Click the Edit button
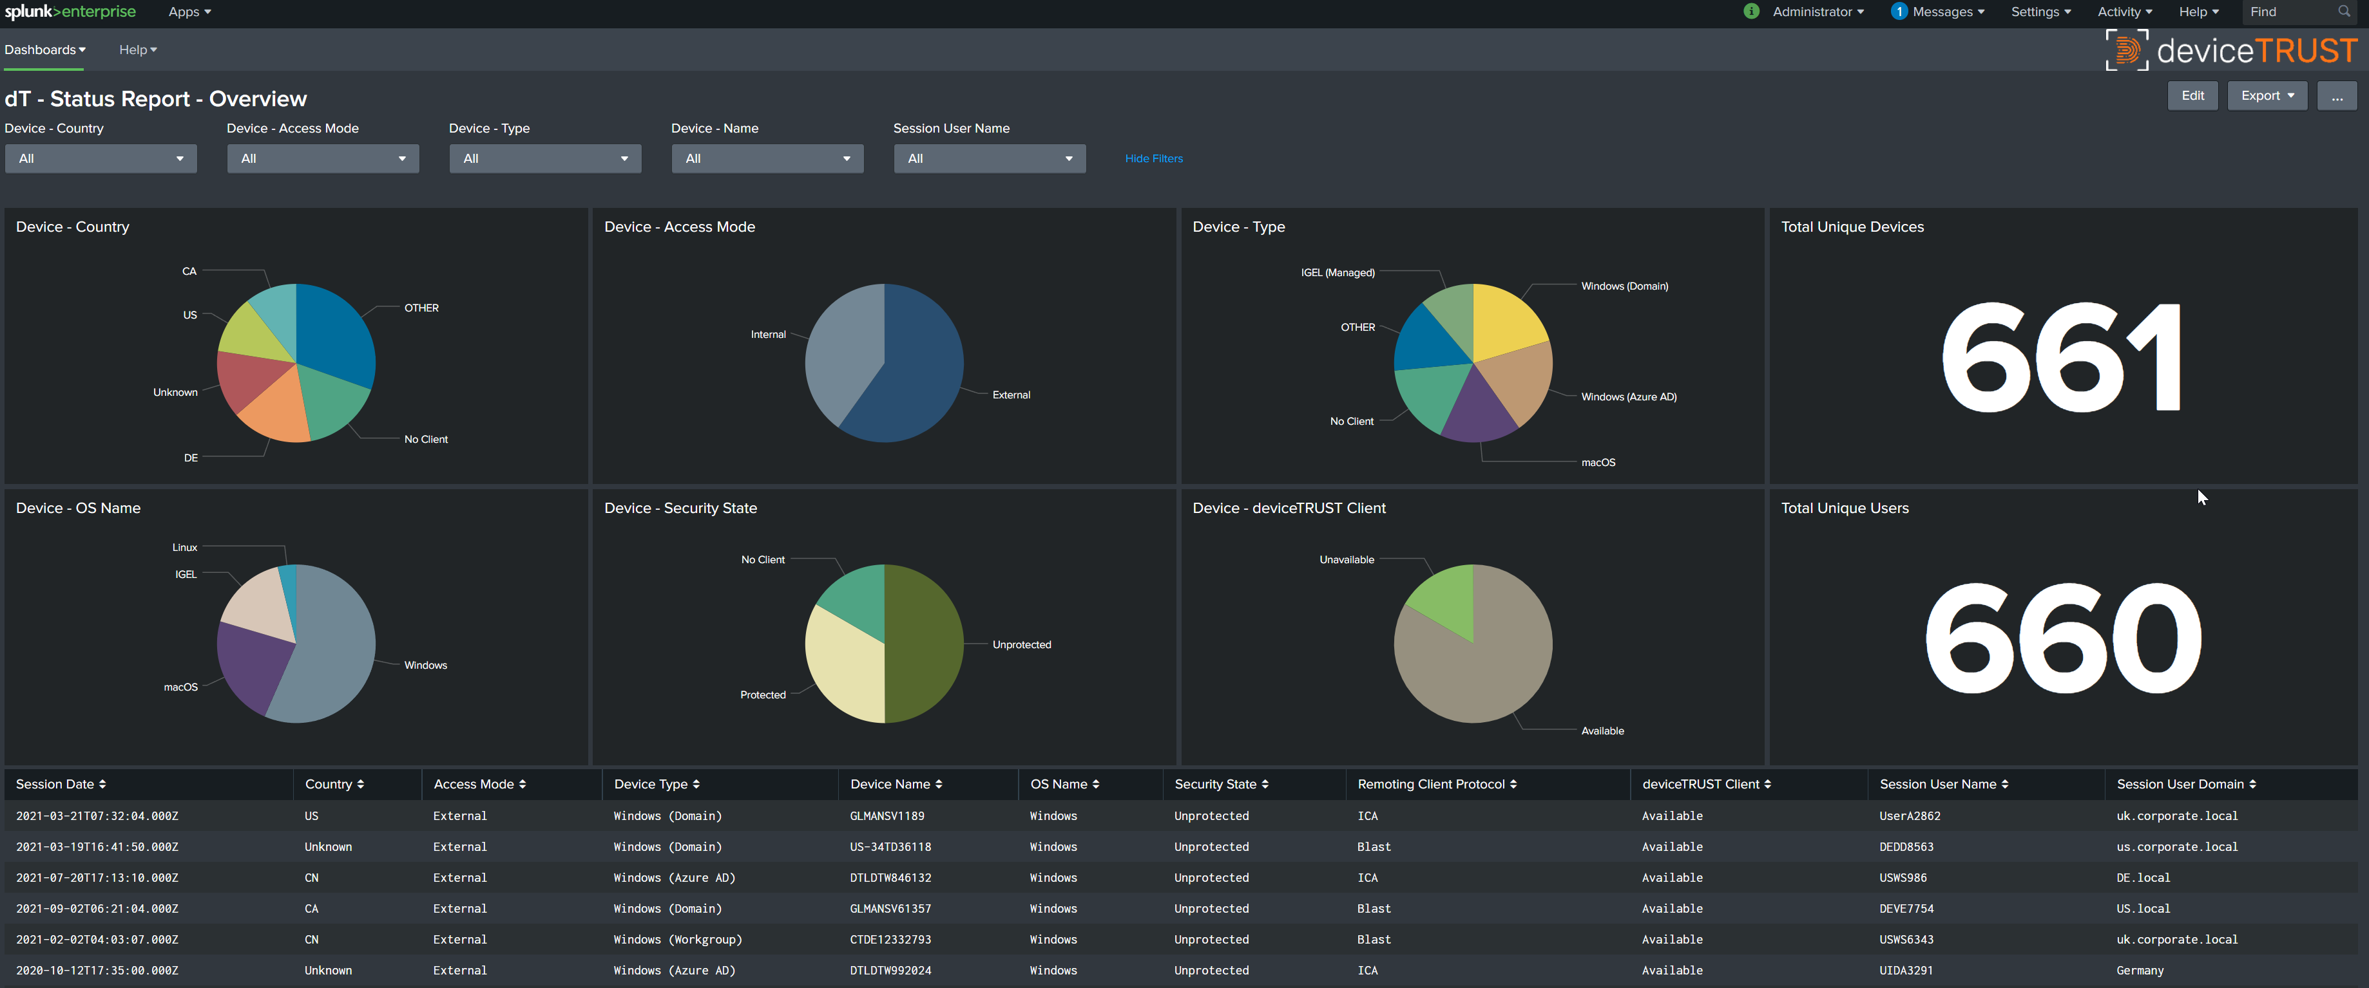tap(2192, 96)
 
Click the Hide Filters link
tap(1153, 158)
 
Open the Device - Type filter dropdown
tap(544, 158)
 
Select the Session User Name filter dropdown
tap(988, 158)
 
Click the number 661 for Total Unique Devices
tap(2060, 359)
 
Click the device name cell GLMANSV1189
tap(887, 816)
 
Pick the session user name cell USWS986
tap(1903, 878)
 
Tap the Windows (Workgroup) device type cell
tap(677, 939)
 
